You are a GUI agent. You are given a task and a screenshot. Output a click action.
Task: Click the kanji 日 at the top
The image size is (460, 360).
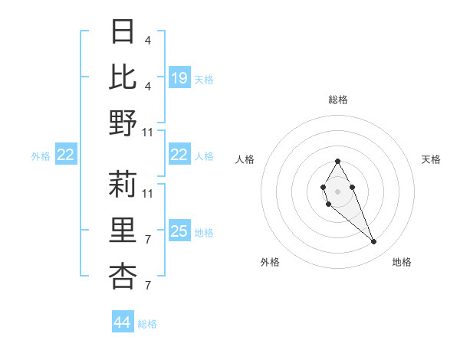[123, 32]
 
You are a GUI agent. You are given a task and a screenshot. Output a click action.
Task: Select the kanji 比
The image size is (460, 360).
[123, 77]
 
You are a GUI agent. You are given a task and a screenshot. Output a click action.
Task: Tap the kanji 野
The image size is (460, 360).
[123, 122]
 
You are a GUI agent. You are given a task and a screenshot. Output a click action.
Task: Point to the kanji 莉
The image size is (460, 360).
[123, 184]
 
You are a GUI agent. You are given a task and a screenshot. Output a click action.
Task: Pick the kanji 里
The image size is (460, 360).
[123, 230]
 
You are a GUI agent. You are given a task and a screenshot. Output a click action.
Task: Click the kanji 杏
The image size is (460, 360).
[123, 276]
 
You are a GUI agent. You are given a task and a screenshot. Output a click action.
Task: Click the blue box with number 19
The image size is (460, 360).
[179, 78]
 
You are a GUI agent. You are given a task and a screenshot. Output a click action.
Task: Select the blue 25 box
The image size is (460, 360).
[179, 231]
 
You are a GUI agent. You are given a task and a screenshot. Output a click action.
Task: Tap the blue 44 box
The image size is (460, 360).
[123, 322]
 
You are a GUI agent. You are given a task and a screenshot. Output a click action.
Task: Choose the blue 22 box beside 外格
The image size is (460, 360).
[66, 155]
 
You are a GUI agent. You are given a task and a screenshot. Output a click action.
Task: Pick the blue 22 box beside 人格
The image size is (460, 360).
[179, 155]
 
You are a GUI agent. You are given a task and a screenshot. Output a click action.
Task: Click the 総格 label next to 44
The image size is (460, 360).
[148, 324]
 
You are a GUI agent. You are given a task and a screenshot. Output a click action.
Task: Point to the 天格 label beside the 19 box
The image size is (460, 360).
[204, 79]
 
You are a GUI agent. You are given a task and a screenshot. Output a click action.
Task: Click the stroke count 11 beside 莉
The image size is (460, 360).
[148, 193]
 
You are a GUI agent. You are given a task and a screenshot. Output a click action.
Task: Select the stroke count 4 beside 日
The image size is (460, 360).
[147, 41]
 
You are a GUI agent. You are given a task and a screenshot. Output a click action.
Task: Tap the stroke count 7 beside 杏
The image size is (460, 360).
[147, 286]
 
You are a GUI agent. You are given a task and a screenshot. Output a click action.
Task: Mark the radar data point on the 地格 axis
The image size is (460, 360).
[374, 242]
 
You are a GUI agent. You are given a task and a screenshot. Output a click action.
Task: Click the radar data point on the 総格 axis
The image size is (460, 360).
[337, 161]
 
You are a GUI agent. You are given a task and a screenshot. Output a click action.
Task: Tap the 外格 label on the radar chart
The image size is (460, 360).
[270, 263]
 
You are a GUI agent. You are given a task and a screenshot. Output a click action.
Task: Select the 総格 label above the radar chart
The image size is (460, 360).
[338, 100]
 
